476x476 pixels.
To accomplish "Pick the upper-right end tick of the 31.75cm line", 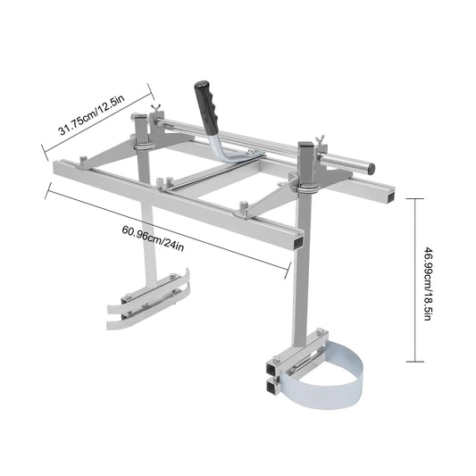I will click(x=153, y=88).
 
